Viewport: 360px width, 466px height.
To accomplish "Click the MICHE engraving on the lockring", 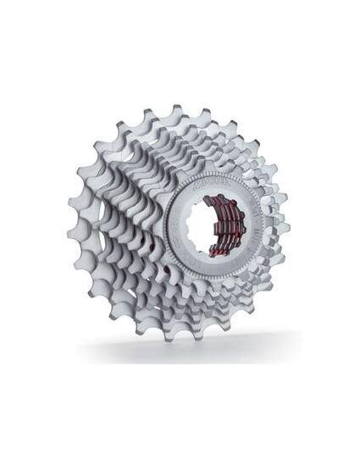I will click(x=208, y=181).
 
